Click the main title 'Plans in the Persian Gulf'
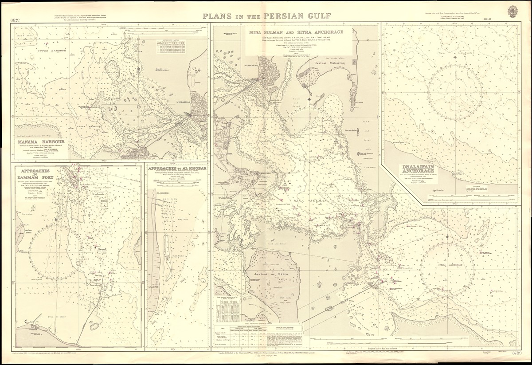(266, 17)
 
